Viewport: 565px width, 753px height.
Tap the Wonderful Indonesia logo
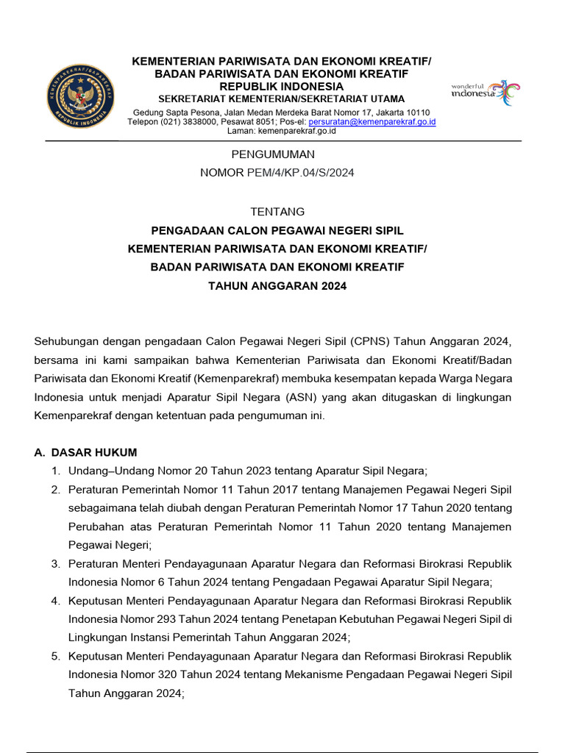click(485, 93)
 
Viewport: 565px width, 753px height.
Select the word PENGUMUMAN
click(273, 154)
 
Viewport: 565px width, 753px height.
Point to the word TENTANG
click(277, 212)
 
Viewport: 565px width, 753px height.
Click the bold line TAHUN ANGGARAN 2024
click(277, 286)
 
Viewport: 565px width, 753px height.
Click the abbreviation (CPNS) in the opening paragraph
click(372, 341)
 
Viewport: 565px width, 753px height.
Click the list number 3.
click(55, 563)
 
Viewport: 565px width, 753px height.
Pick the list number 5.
click(55, 656)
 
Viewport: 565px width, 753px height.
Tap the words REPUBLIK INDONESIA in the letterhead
click(282, 87)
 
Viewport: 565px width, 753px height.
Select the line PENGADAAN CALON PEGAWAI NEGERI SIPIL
click(277, 231)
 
